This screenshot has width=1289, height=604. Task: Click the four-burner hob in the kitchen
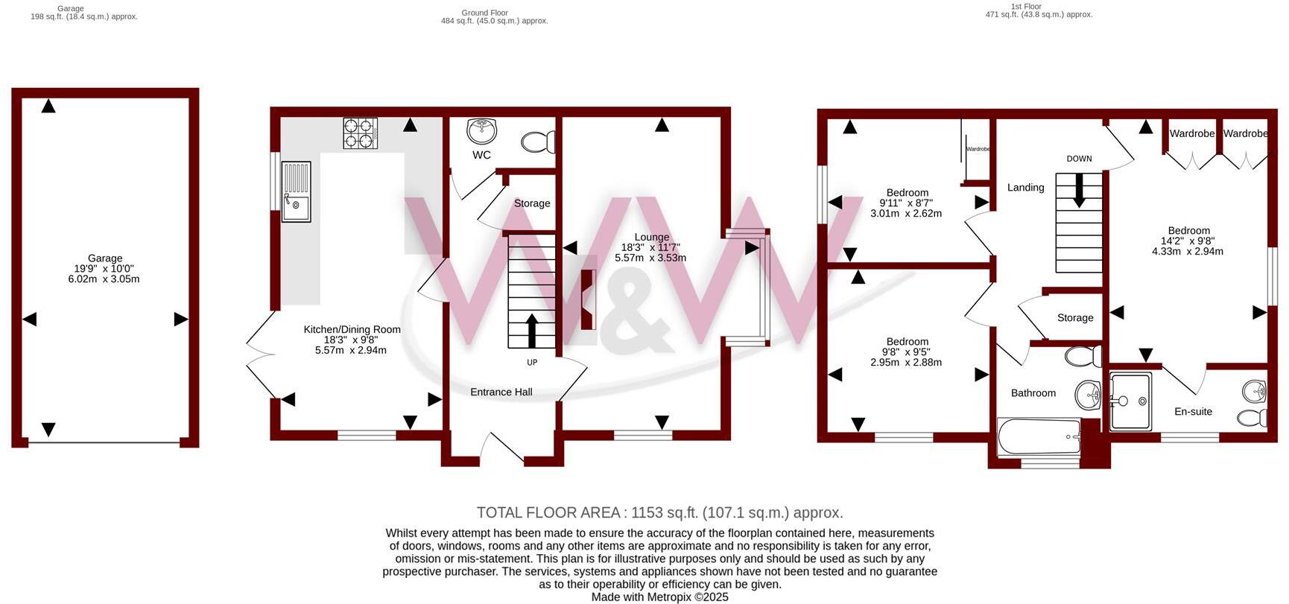[x=360, y=133]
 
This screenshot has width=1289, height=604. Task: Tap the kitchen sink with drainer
[x=296, y=192]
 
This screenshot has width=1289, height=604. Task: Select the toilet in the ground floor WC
[x=538, y=142]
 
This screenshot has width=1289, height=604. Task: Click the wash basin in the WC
[x=481, y=131]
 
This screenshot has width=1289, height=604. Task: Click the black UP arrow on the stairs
[x=532, y=331]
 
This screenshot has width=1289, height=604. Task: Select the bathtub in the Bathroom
[x=1039, y=436]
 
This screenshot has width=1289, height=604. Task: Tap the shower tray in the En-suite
[x=1131, y=401]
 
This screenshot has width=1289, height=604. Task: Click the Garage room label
[x=104, y=258]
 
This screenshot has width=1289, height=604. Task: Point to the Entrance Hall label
[x=501, y=392]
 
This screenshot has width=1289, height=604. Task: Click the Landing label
[x=1025, y=188]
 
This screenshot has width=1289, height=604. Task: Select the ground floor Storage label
[x=532, y=203]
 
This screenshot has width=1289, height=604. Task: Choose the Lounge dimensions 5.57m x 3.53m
[x=650, y=258]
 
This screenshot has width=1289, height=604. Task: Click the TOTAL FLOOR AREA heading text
[x=659, y=512]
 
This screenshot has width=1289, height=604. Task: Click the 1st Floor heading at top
[x=1026, y=6]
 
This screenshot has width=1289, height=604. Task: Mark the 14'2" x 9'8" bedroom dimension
[x=1188, y=241]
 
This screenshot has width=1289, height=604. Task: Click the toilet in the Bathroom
[x=1084, y=356]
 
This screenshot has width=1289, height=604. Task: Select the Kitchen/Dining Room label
[x=352, y=329]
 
